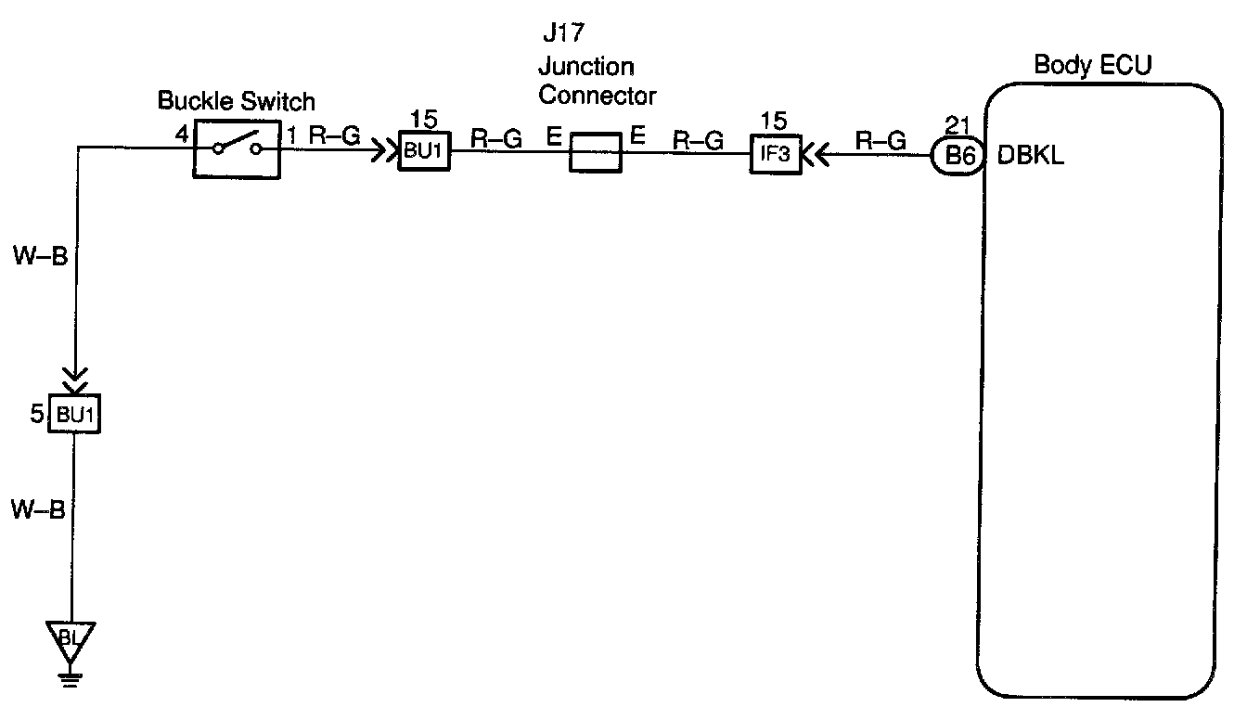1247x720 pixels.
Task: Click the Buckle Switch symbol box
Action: [x=237, y=148]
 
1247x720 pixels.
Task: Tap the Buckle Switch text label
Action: [x=237, y=100]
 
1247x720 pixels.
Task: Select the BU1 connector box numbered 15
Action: [x=424, y=150]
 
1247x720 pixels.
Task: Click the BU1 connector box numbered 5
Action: [x=76, y=415]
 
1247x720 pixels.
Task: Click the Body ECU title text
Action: [x=1093, y=66]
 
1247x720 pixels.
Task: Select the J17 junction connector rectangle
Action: [x=594, y=152]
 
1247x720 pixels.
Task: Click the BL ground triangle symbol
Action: [x=71, y=639]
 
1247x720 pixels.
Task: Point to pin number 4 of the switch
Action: [x=182, y=135]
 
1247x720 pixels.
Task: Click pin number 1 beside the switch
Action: [x=292, y=136]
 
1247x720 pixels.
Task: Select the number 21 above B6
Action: [x=956, y=125]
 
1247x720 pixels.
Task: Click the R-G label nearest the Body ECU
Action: [x=880, y=140]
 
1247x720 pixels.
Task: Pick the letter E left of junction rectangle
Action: [x=554, y=138]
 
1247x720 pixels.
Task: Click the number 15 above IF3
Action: [x=773, y=121]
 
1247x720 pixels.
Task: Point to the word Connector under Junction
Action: [x=598, y=95]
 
